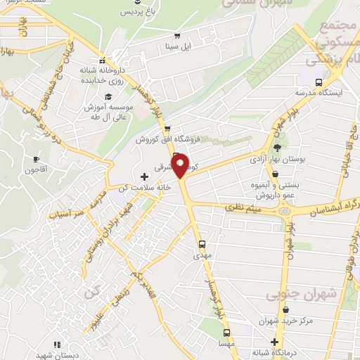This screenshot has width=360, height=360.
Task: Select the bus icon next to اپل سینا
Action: tap(176, 37)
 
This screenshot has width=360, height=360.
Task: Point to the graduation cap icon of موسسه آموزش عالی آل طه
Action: tap(108, 96)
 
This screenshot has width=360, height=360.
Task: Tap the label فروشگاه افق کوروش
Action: tap(169, 140)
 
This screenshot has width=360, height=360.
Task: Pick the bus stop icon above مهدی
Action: tap(202, 245)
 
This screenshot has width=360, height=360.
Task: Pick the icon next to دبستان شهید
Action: tap(56, 344)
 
